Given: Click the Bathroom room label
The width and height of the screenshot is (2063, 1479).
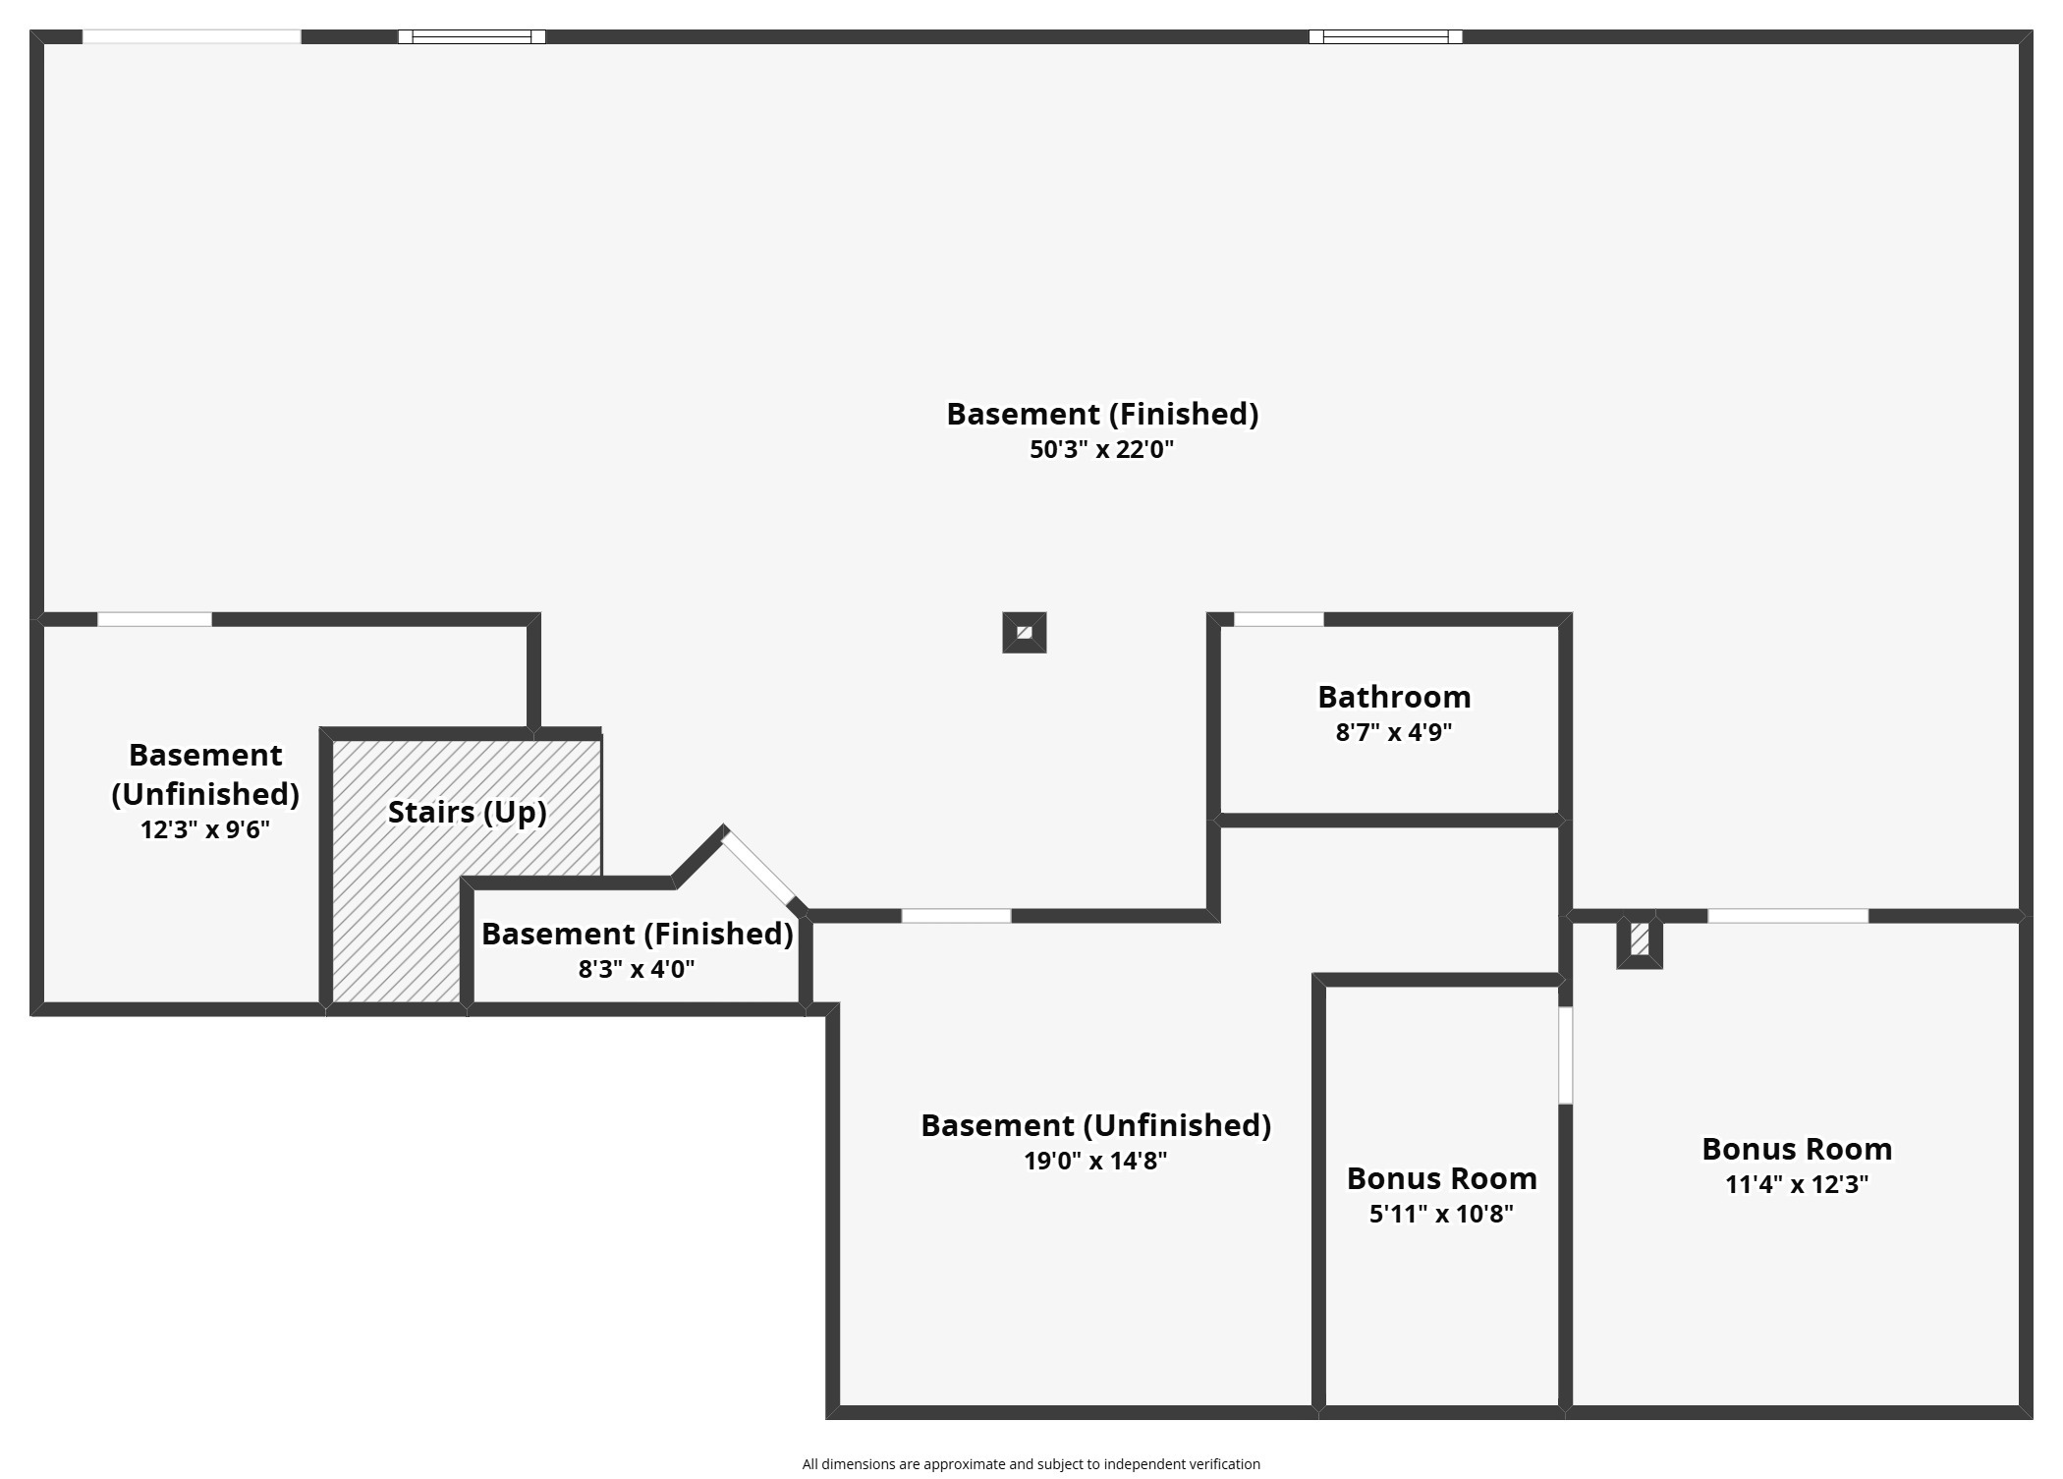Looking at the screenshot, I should pyautogui.click(x=1394, y=697).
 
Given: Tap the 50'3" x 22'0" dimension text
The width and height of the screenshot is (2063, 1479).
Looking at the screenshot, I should pyautogui.click(x=1101, y=449).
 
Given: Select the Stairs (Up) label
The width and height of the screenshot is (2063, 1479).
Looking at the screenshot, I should pyautogui.click(x=467, y=812).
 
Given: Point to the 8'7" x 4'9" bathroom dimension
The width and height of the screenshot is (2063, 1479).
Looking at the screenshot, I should pyautogui.click(x=1394, y=732).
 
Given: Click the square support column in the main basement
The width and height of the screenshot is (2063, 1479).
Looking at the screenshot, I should pyautogui.click(x=1024, y=632).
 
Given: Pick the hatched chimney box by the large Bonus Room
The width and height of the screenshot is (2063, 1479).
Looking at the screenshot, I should pyautogui.click(x=1640, y=940).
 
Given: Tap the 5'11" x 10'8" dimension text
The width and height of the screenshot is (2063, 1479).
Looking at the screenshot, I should pyautogui.click(x=1441, y=1214).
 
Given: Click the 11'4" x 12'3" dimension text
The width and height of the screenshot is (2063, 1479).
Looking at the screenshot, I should pyautogui.click(x=1797, y=1184).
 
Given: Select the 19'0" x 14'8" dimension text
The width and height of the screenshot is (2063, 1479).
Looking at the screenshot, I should pyautogui.click(x=1095, y=1161).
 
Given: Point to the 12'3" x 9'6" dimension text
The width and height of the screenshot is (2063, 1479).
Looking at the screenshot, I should pyautogui.click(x=204, y=829).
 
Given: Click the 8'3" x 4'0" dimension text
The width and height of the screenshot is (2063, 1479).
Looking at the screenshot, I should pyautogui.click(x=637, y=969).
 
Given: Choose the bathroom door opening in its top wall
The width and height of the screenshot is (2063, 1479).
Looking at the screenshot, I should pyautogui.click(x=1278, y=619).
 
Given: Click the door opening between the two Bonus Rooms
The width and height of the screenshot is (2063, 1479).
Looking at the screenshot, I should pyautogui.click(x=1565, y=1054).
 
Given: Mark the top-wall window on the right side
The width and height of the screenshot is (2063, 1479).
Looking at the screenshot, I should pyautogui.click(x=1385, y=37).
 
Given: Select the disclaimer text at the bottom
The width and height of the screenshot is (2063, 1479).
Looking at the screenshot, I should pyautogui.click(x=1031, y=1464).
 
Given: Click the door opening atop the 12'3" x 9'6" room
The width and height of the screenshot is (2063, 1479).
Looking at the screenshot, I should pyautogui.click(x=154, y=619).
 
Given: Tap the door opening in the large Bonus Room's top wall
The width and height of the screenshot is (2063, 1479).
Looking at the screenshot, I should pyautogui.click(x=1788, y=916).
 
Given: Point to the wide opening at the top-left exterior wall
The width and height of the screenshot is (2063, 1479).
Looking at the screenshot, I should pyautogui.click(x=192, y=37).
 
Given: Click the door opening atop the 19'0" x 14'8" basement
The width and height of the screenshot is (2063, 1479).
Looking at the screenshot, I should pyautogui.click(x=956, y=916).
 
